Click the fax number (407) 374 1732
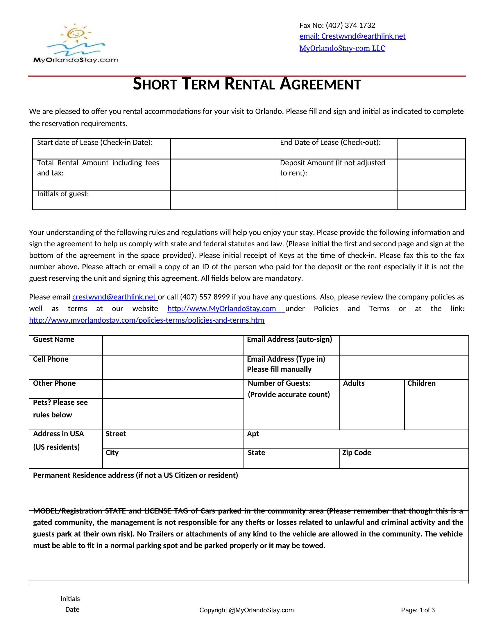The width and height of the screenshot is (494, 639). (x=350, y=26)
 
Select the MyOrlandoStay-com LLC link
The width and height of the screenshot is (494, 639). (x=342, y=49)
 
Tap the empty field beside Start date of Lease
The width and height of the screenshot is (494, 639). (x=223, y=149)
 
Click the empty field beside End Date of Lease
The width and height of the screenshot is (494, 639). (x=431, y=149)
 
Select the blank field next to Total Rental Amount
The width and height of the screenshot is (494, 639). (x=223, y=174)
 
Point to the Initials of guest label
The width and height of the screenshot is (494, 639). (x=63, y=194)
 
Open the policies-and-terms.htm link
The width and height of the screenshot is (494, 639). (x=147, y=320)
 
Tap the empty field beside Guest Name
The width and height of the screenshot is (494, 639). (x=173, y=346)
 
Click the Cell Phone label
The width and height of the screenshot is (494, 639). (x=51, y=359)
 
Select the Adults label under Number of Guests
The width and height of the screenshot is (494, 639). (x=354, y=383)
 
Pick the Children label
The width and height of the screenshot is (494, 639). (x=421, y=383)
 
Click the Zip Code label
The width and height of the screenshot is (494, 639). (x=357, y=453)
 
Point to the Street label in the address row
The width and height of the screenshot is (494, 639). (x=116, y=434)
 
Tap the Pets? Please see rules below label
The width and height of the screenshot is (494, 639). (x=60, y=408)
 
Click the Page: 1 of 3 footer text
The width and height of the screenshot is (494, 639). (x=418, y=610)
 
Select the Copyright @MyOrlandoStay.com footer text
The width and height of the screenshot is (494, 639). (x=246, y=610)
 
